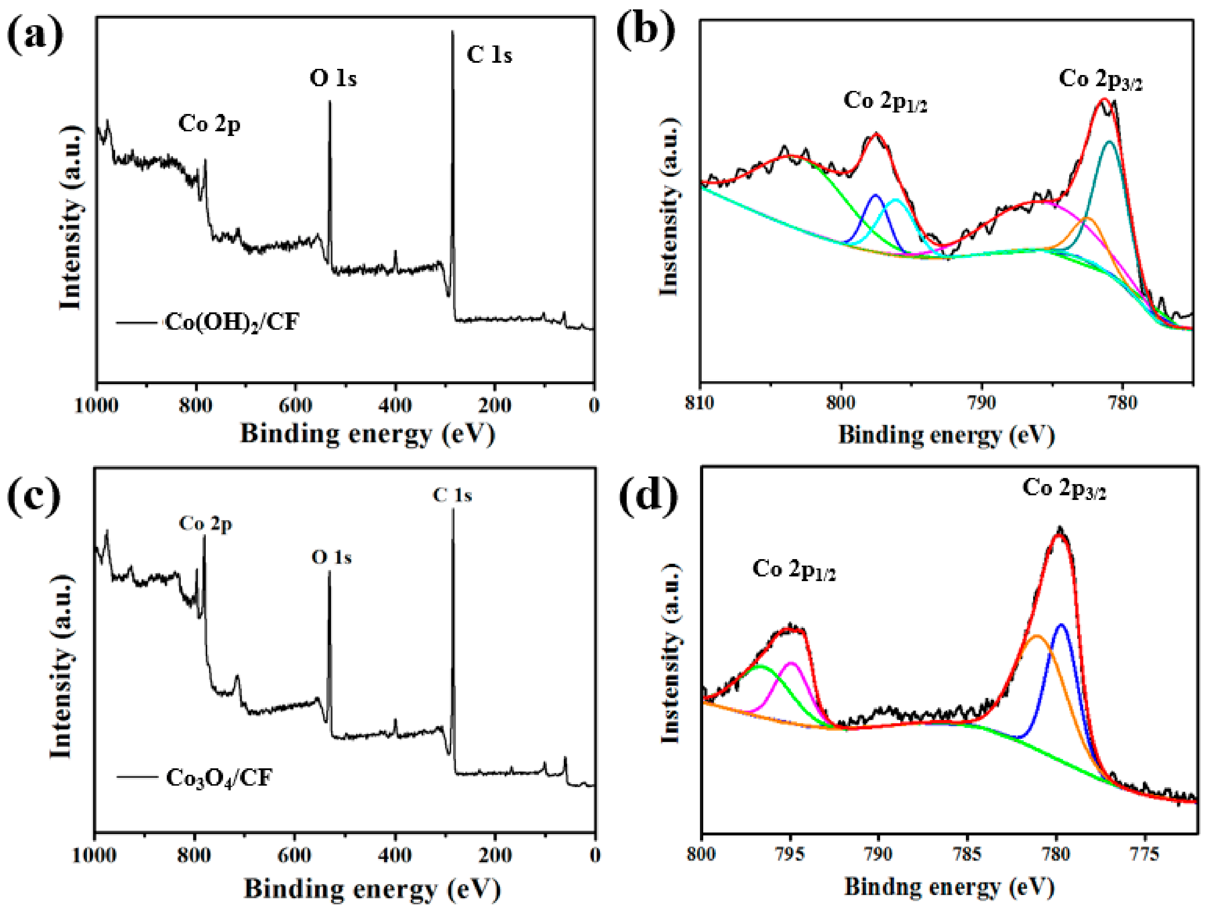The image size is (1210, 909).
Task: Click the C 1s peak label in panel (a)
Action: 489,55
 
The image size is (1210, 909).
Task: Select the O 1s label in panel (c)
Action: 331,558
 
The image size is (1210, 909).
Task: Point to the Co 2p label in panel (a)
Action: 209,124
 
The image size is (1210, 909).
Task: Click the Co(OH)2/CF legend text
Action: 232,322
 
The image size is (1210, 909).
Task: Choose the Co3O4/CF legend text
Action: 219,778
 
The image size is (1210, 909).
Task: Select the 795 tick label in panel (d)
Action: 790,854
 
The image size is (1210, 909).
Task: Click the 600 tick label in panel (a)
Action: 295,405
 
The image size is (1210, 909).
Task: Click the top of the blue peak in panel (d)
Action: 1062,625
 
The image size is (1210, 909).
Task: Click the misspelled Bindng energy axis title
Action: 949,887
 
